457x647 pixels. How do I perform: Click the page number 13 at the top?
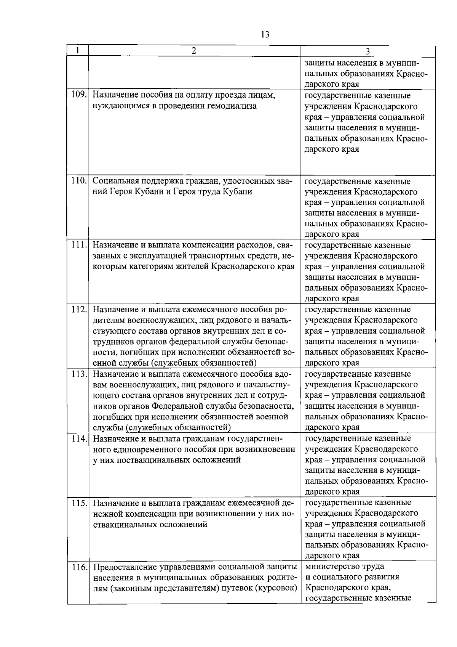(265, 35)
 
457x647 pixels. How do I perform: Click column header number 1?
(78, 51)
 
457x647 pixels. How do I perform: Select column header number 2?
(194, 51)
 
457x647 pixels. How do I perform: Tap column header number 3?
(368, 51)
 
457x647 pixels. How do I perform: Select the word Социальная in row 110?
(118, 181)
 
